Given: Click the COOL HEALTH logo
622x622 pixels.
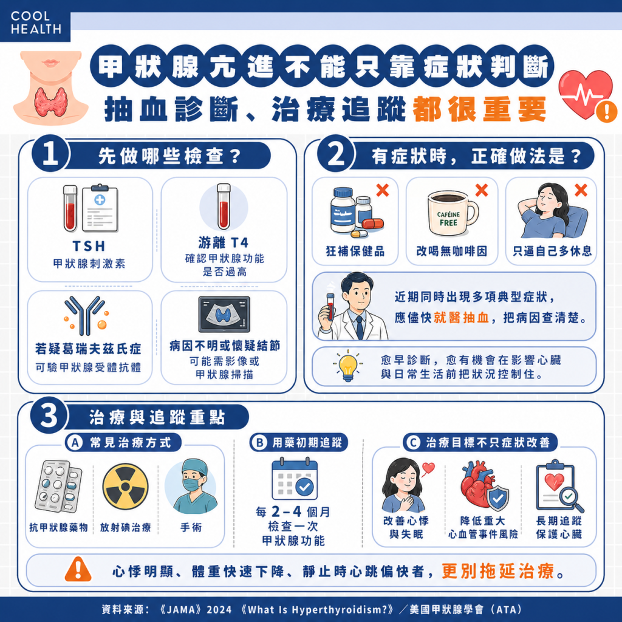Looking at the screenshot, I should click(x=35, y=22).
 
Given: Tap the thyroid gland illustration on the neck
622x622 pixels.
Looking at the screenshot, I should click(x=50, y=101).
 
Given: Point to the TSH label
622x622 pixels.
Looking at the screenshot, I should click(x=90, y=247).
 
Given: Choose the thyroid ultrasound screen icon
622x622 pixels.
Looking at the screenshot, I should click(x=224, y=314).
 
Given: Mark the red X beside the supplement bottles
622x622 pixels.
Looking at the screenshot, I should click(x=383, y=191).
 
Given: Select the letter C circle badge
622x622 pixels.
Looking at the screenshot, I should click(x=414, y=443).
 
